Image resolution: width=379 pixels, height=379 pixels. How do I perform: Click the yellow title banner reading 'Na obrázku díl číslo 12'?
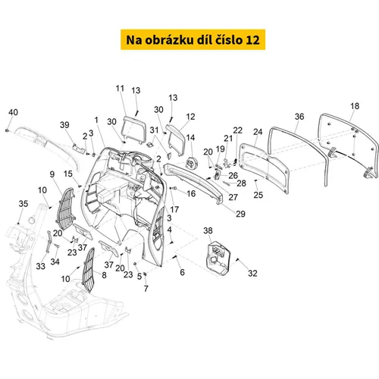tap(193, 39)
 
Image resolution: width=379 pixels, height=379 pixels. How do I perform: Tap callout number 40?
tap(13, 112)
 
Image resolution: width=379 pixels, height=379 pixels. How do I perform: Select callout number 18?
tap(355, 106)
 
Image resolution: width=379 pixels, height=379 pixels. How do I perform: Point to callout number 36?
tap(299, 117)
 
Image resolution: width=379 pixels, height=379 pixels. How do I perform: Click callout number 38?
tap(208, 230)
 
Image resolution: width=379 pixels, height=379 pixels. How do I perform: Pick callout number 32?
tap(252, 273)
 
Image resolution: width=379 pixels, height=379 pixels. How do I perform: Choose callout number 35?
tap(23, 204)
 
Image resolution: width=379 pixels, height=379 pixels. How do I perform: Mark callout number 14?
tap(190, 138)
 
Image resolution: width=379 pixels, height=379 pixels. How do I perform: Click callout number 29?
tap(240, 214)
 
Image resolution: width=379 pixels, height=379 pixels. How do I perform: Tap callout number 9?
tap(52, 174)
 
